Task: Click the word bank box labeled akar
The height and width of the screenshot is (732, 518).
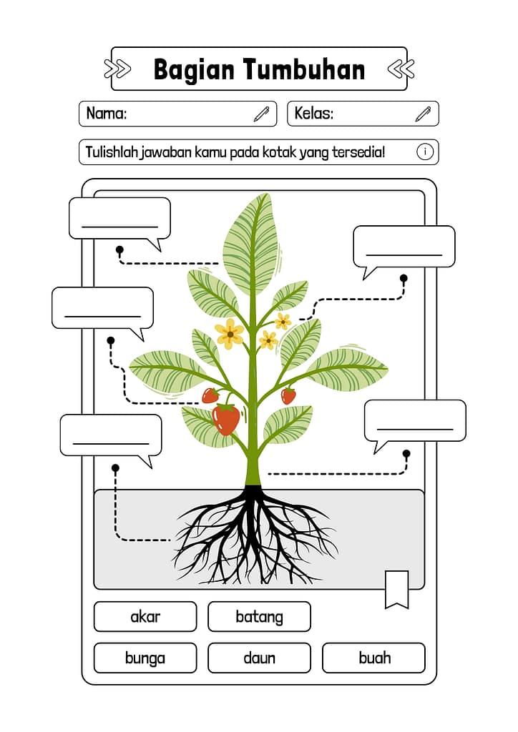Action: tap(145, 616)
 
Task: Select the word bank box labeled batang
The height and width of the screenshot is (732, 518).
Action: tap(259, 616)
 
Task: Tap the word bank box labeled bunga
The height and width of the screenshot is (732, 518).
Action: tap(145, 658)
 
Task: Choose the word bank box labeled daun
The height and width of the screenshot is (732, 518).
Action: tap(259, 658)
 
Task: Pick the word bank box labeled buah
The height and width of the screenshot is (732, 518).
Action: tap(373, 658)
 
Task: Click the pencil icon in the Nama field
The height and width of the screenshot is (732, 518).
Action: tap(261, 114)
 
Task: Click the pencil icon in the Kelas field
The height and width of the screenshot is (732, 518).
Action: tap(423, 114)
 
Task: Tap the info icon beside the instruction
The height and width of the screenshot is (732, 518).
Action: tap(424, 152)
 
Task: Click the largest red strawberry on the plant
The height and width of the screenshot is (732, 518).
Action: tap(226, 419)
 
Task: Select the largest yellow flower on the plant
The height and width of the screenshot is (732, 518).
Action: tap(230, 333)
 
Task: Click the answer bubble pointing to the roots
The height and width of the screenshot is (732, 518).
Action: tap(111, 435)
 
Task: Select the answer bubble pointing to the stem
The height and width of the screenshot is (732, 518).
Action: tap(415, 420)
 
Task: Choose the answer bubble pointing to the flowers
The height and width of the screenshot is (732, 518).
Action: tap(404, 247)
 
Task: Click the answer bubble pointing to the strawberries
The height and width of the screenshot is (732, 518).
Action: tap(102, 307)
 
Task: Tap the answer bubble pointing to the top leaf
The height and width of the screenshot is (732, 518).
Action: tap(119, 218)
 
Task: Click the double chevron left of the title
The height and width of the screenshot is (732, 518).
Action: tap(117, 69)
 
